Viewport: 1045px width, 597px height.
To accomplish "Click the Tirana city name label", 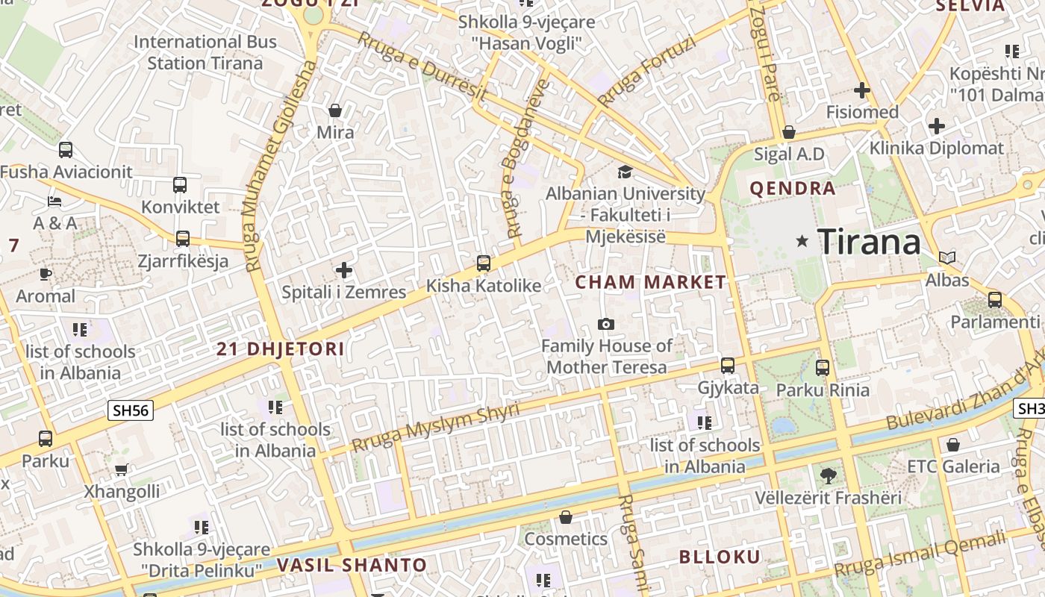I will [x=870, y=242].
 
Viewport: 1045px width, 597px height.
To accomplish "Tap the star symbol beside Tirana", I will [x=802, y=240].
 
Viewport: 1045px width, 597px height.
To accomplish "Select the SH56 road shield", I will [x=131, y=410].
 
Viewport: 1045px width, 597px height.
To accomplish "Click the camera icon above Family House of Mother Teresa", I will [x=606, y=324].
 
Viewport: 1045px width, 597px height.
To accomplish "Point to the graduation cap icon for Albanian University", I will [x=625, y=172].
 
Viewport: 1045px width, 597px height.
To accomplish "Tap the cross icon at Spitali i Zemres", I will [x=343, y=269].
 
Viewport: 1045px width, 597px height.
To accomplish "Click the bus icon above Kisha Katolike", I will [x=484, y=263].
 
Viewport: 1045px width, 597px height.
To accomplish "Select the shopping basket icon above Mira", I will [x=335, y=110].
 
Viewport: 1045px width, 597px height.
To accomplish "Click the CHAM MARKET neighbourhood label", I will [x=650, y=282].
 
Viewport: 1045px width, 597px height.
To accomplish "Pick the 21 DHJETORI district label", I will [x=281, y=348].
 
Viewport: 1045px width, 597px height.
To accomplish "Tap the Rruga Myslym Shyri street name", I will [x=435, y=428].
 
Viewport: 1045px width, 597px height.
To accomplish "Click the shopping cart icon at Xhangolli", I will [x=121, y=469].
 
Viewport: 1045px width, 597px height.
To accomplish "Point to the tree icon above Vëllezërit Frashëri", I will [x=827, y=475].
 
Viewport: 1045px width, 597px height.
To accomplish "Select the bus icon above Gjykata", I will [x=728, y=366].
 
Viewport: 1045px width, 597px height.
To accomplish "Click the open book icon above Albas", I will [x=947, y=258].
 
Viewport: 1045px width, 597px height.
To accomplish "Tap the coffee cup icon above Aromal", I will [x=46, y=274].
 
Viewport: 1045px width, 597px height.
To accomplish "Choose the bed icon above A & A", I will [x=54, y=201].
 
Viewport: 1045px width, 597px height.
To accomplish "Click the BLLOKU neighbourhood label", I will [x=720, y=557].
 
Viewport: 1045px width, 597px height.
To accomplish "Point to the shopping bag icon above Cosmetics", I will [x=566, y=516].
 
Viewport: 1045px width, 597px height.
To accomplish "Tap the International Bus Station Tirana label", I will [x=205, y=52].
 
